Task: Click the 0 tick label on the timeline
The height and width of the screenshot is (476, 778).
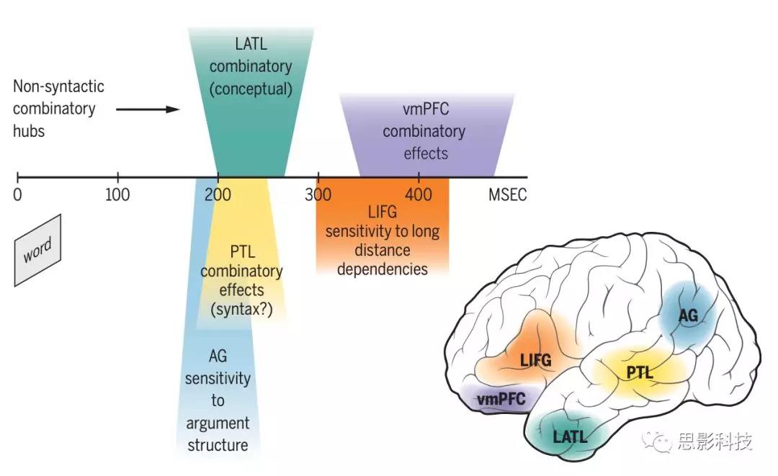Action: [17, 195]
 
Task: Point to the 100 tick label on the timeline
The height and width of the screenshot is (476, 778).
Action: [117, 195]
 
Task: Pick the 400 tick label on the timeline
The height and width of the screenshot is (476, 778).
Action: [419, 195]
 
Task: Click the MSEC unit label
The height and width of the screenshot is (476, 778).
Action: [509, 195]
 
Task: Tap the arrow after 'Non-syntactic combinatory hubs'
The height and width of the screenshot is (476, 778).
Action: [147, 109]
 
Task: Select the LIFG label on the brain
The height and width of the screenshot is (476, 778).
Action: [536, 359]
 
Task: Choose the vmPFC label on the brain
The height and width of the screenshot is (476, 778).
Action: [501, 398]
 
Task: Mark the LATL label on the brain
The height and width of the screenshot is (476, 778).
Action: [571, 436]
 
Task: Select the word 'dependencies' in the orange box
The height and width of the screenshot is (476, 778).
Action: [383, 269]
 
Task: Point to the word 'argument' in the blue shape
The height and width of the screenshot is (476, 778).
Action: [218, 423]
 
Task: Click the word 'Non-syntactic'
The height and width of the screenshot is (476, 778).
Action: [58, 86]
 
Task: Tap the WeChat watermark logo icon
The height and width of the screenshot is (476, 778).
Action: [656, 439]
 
